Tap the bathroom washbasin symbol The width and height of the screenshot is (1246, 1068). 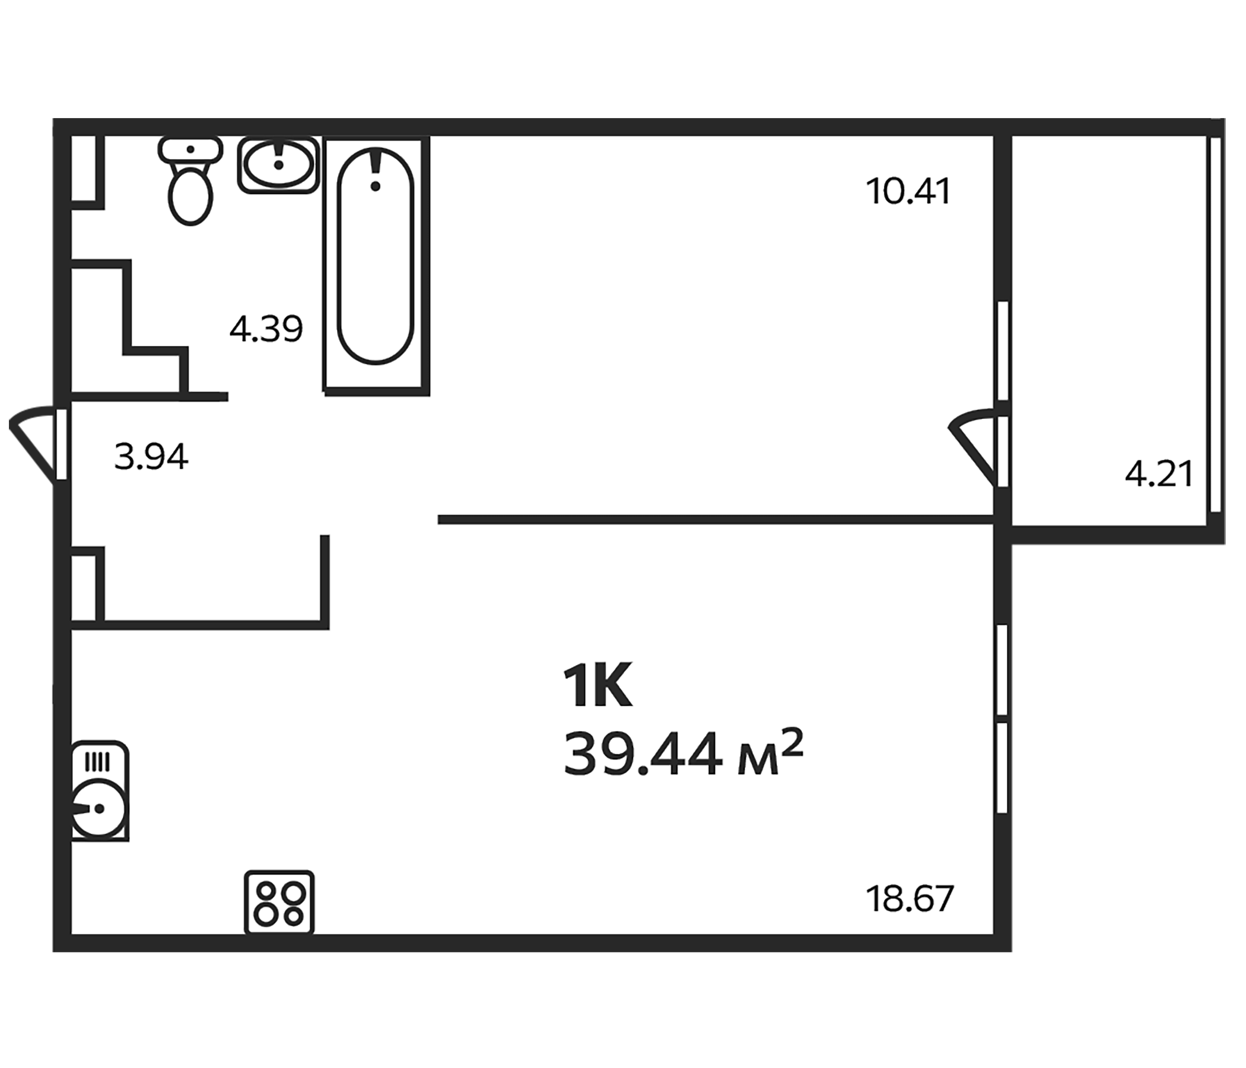pyautogui.click(x=278, y=165)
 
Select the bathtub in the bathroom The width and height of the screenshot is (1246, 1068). pyautogui.click(x=376, y=259)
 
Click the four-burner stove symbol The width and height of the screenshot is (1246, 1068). pyautogui.click(x=279, y=902)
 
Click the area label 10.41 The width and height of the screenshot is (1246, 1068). pyautogui.click(x=908, y=192)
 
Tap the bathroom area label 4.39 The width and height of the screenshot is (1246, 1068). pyautogui.click(x=266, y=329)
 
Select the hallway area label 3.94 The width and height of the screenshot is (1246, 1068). pyautogui.click(x=151, y=456)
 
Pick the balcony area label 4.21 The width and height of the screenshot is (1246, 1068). pyautogui.click(x=1158, y=475)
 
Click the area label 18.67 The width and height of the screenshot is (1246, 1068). pyautogui.click(x=910, y=898)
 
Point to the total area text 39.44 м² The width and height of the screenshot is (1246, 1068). pyautogui.click(x=682, y=754)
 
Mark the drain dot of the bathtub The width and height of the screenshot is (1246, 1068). pyautogui.click(x=376, y=186)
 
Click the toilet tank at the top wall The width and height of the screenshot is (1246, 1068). pyautogui.click(x=190, y=149)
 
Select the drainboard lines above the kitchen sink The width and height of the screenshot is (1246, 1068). pyautogui.click(x=97, y=762)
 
